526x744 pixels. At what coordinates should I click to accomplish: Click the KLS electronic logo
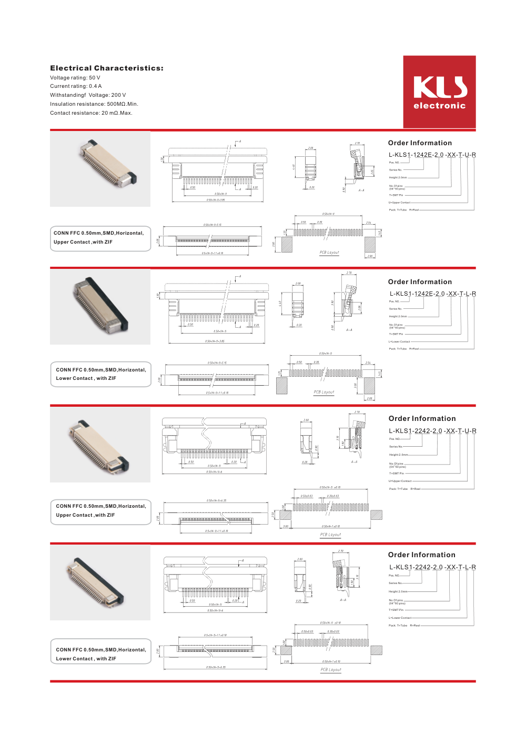(x=439, y=92)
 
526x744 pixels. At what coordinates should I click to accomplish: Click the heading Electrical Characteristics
(x=107, y=68)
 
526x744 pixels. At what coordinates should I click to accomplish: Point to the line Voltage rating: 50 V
(x=75, y=77)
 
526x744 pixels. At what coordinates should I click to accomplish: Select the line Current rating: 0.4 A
(x=76, y=86)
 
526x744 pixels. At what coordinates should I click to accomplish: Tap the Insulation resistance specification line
(x=94, y=104)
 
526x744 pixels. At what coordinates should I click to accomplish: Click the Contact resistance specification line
(x=91, y=113)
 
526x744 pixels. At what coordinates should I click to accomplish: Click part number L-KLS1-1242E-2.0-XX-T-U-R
(x=432, y=155)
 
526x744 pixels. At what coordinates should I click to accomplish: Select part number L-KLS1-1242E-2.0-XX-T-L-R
(x=432, y=294)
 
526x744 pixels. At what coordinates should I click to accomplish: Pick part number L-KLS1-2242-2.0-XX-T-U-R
(x=432, y=430)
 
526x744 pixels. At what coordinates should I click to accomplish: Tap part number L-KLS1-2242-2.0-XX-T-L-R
(x=432, y=567)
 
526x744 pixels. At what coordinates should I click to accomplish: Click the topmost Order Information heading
(x=420, y=143)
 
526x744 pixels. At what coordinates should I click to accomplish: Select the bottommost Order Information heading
(x=421, y=555)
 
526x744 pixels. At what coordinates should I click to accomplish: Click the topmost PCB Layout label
(x=329, y=253)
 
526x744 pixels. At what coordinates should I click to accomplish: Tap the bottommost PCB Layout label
(x=331, y=670)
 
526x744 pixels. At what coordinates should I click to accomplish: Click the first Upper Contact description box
(x=100, y=238)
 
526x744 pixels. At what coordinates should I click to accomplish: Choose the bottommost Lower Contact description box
(x=100, y=654)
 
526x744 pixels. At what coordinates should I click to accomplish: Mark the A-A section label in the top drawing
(x=361, y=190)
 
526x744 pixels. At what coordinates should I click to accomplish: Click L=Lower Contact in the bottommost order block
(x=400, y=618)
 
